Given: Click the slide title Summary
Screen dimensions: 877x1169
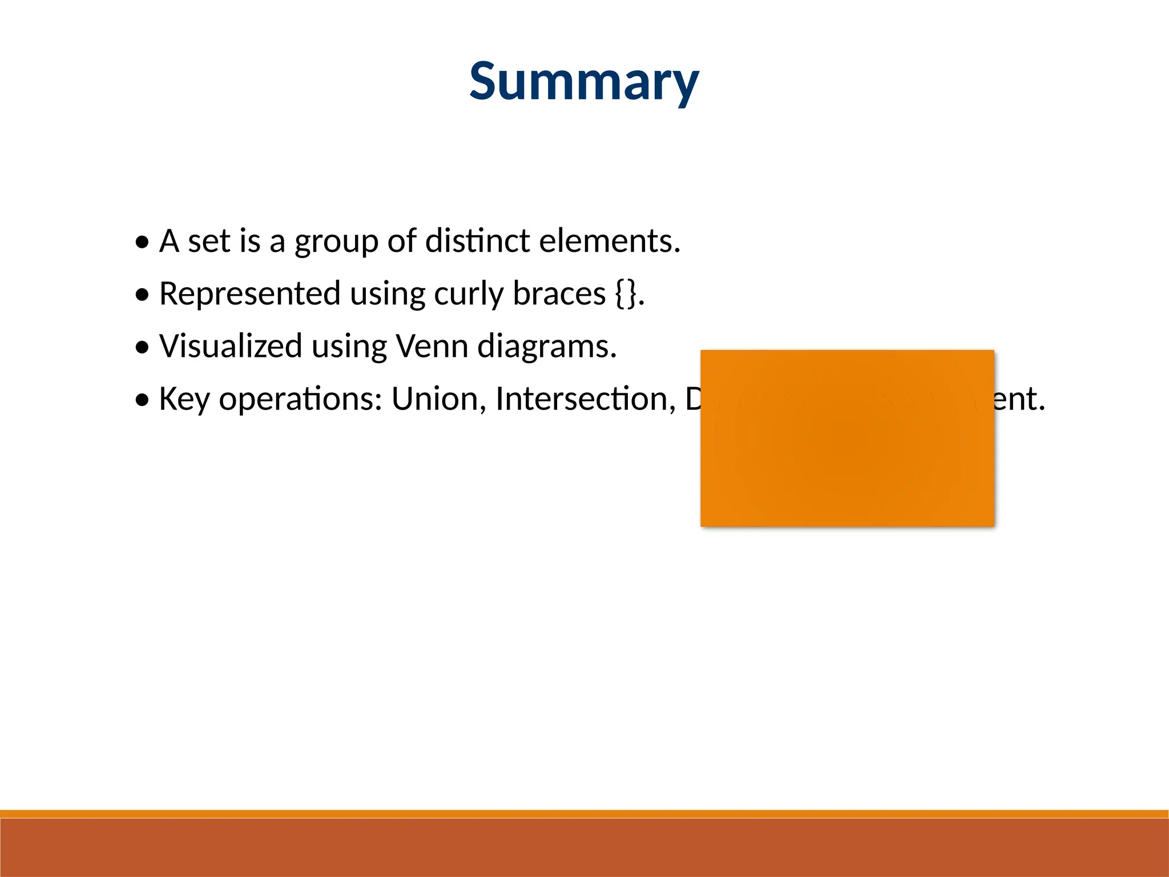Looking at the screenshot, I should (x=584, y=81).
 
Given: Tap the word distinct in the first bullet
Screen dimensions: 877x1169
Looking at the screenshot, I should (x=477, y=240).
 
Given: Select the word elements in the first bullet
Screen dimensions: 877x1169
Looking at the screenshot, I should (x=609, y=240).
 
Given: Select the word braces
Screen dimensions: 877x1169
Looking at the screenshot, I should (x=559, y=293).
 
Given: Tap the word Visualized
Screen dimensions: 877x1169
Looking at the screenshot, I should (x=231, y=346).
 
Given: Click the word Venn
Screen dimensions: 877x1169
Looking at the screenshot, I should (x=432, y=346).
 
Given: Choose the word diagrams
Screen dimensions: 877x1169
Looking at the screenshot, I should (x=546, y=347).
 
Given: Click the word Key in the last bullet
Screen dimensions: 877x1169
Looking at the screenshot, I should (x=184, y=399).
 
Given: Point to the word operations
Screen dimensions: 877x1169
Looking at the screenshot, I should (x=300, y=399).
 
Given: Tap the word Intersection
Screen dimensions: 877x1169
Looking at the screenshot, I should (x=585, y=399).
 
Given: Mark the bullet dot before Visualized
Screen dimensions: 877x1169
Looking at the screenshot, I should (x=143, y=347).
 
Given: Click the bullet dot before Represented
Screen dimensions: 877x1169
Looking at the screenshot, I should (x=143, y=295).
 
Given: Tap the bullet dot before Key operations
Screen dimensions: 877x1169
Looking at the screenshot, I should (x=143, y=400).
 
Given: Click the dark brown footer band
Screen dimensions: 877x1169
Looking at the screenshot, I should (x=584, y=848).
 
